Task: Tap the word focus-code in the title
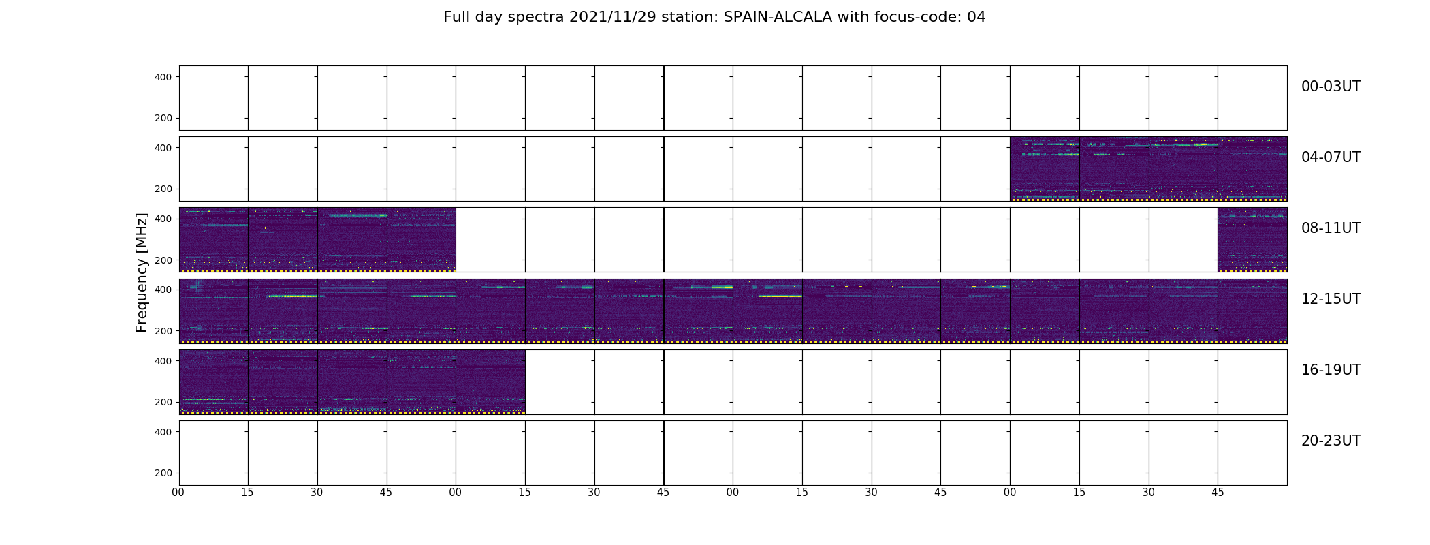click(902, 17)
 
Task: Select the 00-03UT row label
click(1331, 87)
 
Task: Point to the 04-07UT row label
click(1331, 157)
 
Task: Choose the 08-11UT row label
click(1331, 228)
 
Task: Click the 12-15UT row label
click(1331, 299)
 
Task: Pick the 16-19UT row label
click(1331, 370)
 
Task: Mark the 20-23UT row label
click(1331, 441)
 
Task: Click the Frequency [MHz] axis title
click(142, 272)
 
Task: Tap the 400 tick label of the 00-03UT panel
click(163, 77)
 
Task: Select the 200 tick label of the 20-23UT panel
click(163, 473)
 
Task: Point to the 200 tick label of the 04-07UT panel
click(163, 189)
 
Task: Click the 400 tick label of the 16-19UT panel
click(163, 361)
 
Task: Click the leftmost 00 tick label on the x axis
click(178, 493)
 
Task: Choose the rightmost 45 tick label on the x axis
click(1218, 493)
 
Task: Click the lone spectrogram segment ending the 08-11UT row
click(1252, 240)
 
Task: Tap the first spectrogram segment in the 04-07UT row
click(1045, 169)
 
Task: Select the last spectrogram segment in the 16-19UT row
click(490, 382)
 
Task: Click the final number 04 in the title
click(976, 17)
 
